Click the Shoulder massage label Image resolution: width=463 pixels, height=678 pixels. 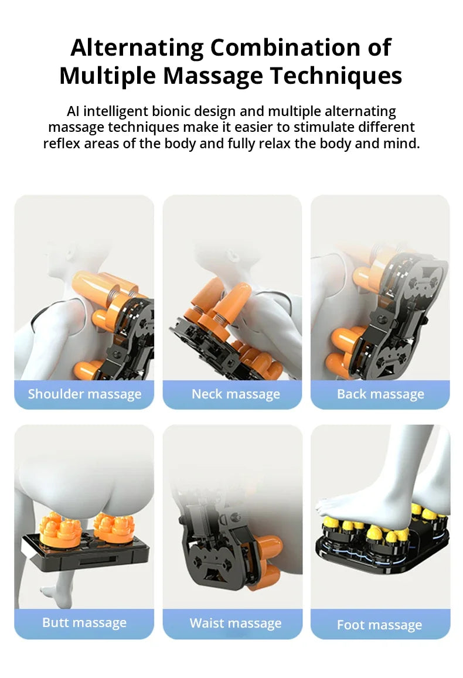84,394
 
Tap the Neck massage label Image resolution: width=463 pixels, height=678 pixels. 236,394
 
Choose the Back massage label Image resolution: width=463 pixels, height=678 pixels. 380,394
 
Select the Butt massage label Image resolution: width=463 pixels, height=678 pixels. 84,622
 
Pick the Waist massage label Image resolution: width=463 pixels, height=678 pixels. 236,623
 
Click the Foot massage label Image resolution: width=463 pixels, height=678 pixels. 380,625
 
